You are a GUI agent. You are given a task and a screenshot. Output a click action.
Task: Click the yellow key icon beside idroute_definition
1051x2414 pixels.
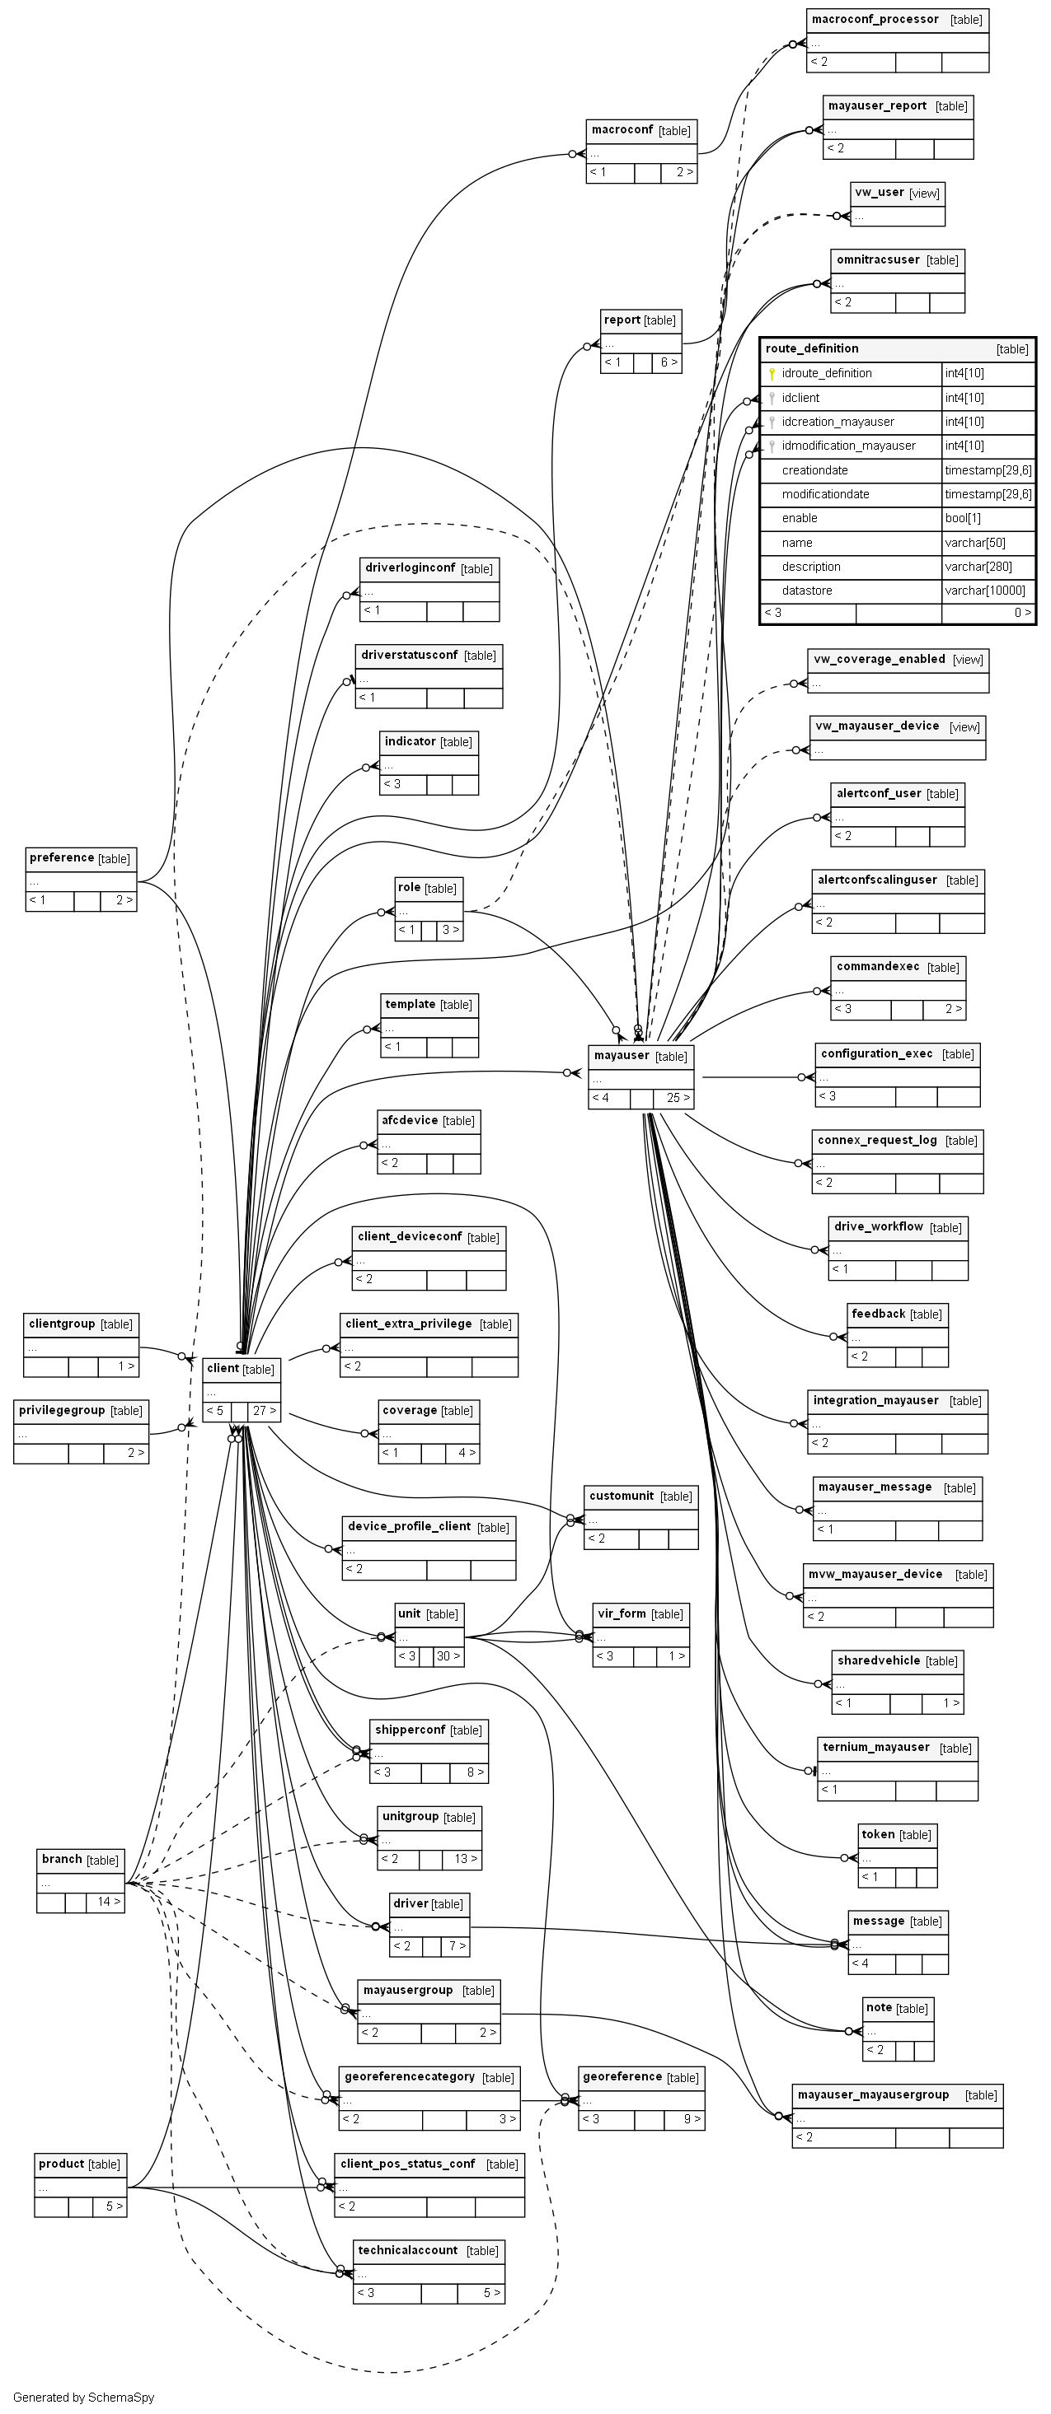pos(772,374)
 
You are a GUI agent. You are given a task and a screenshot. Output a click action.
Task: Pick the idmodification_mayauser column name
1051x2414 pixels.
pos(847,446)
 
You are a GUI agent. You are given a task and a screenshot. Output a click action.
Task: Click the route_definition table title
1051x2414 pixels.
pos(812,348)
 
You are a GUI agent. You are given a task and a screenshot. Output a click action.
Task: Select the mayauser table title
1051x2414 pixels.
pos(622,1056)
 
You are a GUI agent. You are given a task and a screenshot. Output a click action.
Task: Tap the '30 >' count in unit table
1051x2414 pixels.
pos(448,1656)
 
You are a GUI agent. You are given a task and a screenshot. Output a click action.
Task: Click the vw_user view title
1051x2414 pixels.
pos(879,193)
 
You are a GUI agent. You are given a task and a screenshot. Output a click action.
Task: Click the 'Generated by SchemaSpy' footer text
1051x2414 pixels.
pos(83,2398)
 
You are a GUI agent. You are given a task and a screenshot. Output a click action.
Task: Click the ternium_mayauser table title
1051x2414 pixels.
pos(875,1748)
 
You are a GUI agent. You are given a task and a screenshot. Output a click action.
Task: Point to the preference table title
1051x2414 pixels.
pos(62,858)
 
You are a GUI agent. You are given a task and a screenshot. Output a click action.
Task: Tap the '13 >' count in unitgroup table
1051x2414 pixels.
pos(466,1859)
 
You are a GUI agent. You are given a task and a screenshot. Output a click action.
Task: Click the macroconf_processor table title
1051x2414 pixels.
pos(875,20)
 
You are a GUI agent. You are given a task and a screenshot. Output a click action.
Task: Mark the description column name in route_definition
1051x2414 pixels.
pos(811,567)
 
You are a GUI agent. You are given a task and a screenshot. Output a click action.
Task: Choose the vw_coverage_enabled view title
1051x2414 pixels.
pos(879,660)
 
